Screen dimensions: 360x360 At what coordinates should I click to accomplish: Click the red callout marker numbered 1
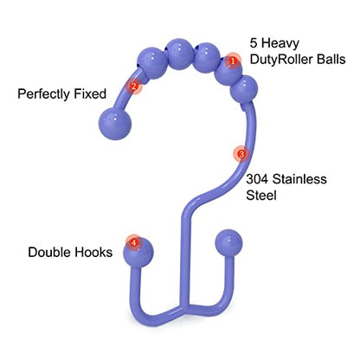pos(233,61)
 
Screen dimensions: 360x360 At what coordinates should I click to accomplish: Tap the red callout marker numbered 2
pos(133,86)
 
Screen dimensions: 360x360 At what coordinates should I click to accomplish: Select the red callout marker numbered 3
pos(241,154)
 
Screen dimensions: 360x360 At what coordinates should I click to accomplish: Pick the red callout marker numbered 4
pos(134,243)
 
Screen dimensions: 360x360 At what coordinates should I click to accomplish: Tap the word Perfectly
pos(44,94)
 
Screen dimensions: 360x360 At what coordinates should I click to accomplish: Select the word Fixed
pos(90,93)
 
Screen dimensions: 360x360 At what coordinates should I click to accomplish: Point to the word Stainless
pos(299,179)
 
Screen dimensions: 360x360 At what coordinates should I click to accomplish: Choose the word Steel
pos(261,196)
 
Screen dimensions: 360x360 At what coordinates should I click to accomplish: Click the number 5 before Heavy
pos(254,43)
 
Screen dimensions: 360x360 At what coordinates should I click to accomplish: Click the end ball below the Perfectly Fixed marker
pos(115,124)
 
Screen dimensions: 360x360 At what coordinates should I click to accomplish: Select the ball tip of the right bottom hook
pos(228,243)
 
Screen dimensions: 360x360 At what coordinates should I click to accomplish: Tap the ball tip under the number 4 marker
pos(138,253)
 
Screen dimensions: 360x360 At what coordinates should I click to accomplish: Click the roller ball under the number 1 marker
pos(228,74)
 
